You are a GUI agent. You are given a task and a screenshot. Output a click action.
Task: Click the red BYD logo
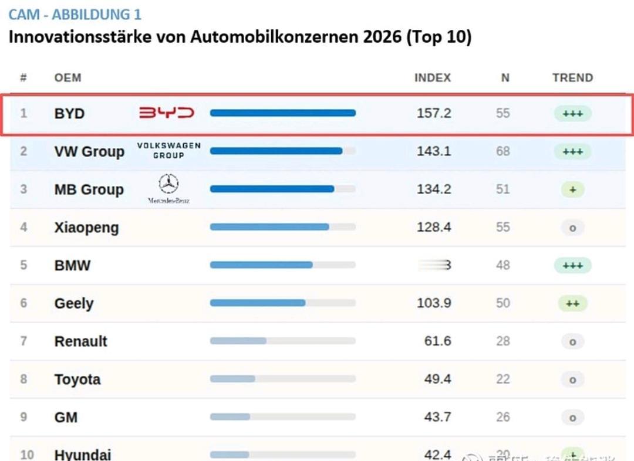click(x=166, y=113)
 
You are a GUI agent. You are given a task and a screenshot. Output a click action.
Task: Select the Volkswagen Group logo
click(x=168, y=150)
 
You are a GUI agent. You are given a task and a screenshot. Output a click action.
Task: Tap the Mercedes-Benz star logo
click(x=168, y=185)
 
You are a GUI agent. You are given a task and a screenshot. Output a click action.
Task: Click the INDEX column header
click(x=433, y=77)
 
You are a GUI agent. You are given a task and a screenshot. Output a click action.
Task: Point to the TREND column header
click(x=572, y=77)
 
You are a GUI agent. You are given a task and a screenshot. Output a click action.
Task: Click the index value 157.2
click(x=434, y=113)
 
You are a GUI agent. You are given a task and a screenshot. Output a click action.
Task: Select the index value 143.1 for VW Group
click(x=434, y=151)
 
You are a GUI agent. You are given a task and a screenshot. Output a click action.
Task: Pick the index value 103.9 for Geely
click(x=434, y=303)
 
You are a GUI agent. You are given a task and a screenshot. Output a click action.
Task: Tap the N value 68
click(x=503, y=151)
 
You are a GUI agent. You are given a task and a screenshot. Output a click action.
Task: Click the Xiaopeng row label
click(x=86, y=228)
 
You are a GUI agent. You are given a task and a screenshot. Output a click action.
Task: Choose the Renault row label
click(x=81, y=341)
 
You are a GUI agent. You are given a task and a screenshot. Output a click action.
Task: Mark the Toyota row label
click(x=77, y=379)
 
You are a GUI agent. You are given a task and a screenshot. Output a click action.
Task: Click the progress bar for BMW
click(x=282, y=265)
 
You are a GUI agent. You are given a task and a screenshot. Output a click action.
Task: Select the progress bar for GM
click(x=282, y=417)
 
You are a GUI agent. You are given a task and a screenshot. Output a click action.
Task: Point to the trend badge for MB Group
click(x=572, y=189)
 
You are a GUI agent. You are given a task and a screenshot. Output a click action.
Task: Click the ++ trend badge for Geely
click(x=572, y=303)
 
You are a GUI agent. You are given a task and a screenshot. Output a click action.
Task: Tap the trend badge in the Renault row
click(x=572, y=341)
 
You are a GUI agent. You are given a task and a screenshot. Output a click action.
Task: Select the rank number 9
click(x=24, y=417)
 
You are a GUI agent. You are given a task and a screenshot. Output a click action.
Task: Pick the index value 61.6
click(x=437, y=341)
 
